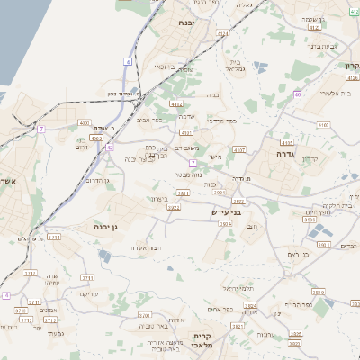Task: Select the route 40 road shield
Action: pos(297,94)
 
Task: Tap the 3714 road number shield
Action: pos(54,238)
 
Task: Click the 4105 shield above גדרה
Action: pos(286,141)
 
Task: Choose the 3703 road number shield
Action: pos(141,316)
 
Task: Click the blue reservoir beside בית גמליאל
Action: pos(260,67)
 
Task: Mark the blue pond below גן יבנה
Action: pos(104,256)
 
